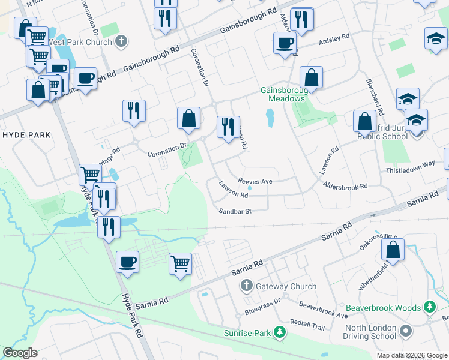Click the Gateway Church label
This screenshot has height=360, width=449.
(x=286, y=286)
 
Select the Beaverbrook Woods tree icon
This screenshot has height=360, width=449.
(x=430, y=308)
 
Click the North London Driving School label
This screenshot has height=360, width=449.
(x=370, y=332)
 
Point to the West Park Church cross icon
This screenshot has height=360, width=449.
(x=121, y=42)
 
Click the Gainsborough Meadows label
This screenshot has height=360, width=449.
(x=283, y=95)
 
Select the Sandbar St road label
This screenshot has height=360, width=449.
(x=235, y=211)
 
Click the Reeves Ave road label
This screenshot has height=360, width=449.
(x=255, y=181)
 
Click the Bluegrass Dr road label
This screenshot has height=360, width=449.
(x=262, y=307)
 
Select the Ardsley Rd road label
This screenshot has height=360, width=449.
(x=334, y=40)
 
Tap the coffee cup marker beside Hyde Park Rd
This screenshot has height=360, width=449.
(x=127, y=262)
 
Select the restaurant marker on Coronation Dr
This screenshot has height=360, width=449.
(x=228, y=127)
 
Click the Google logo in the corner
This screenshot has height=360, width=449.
(x=20, y=353)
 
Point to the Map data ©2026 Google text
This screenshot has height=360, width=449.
(x=412, y=355)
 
